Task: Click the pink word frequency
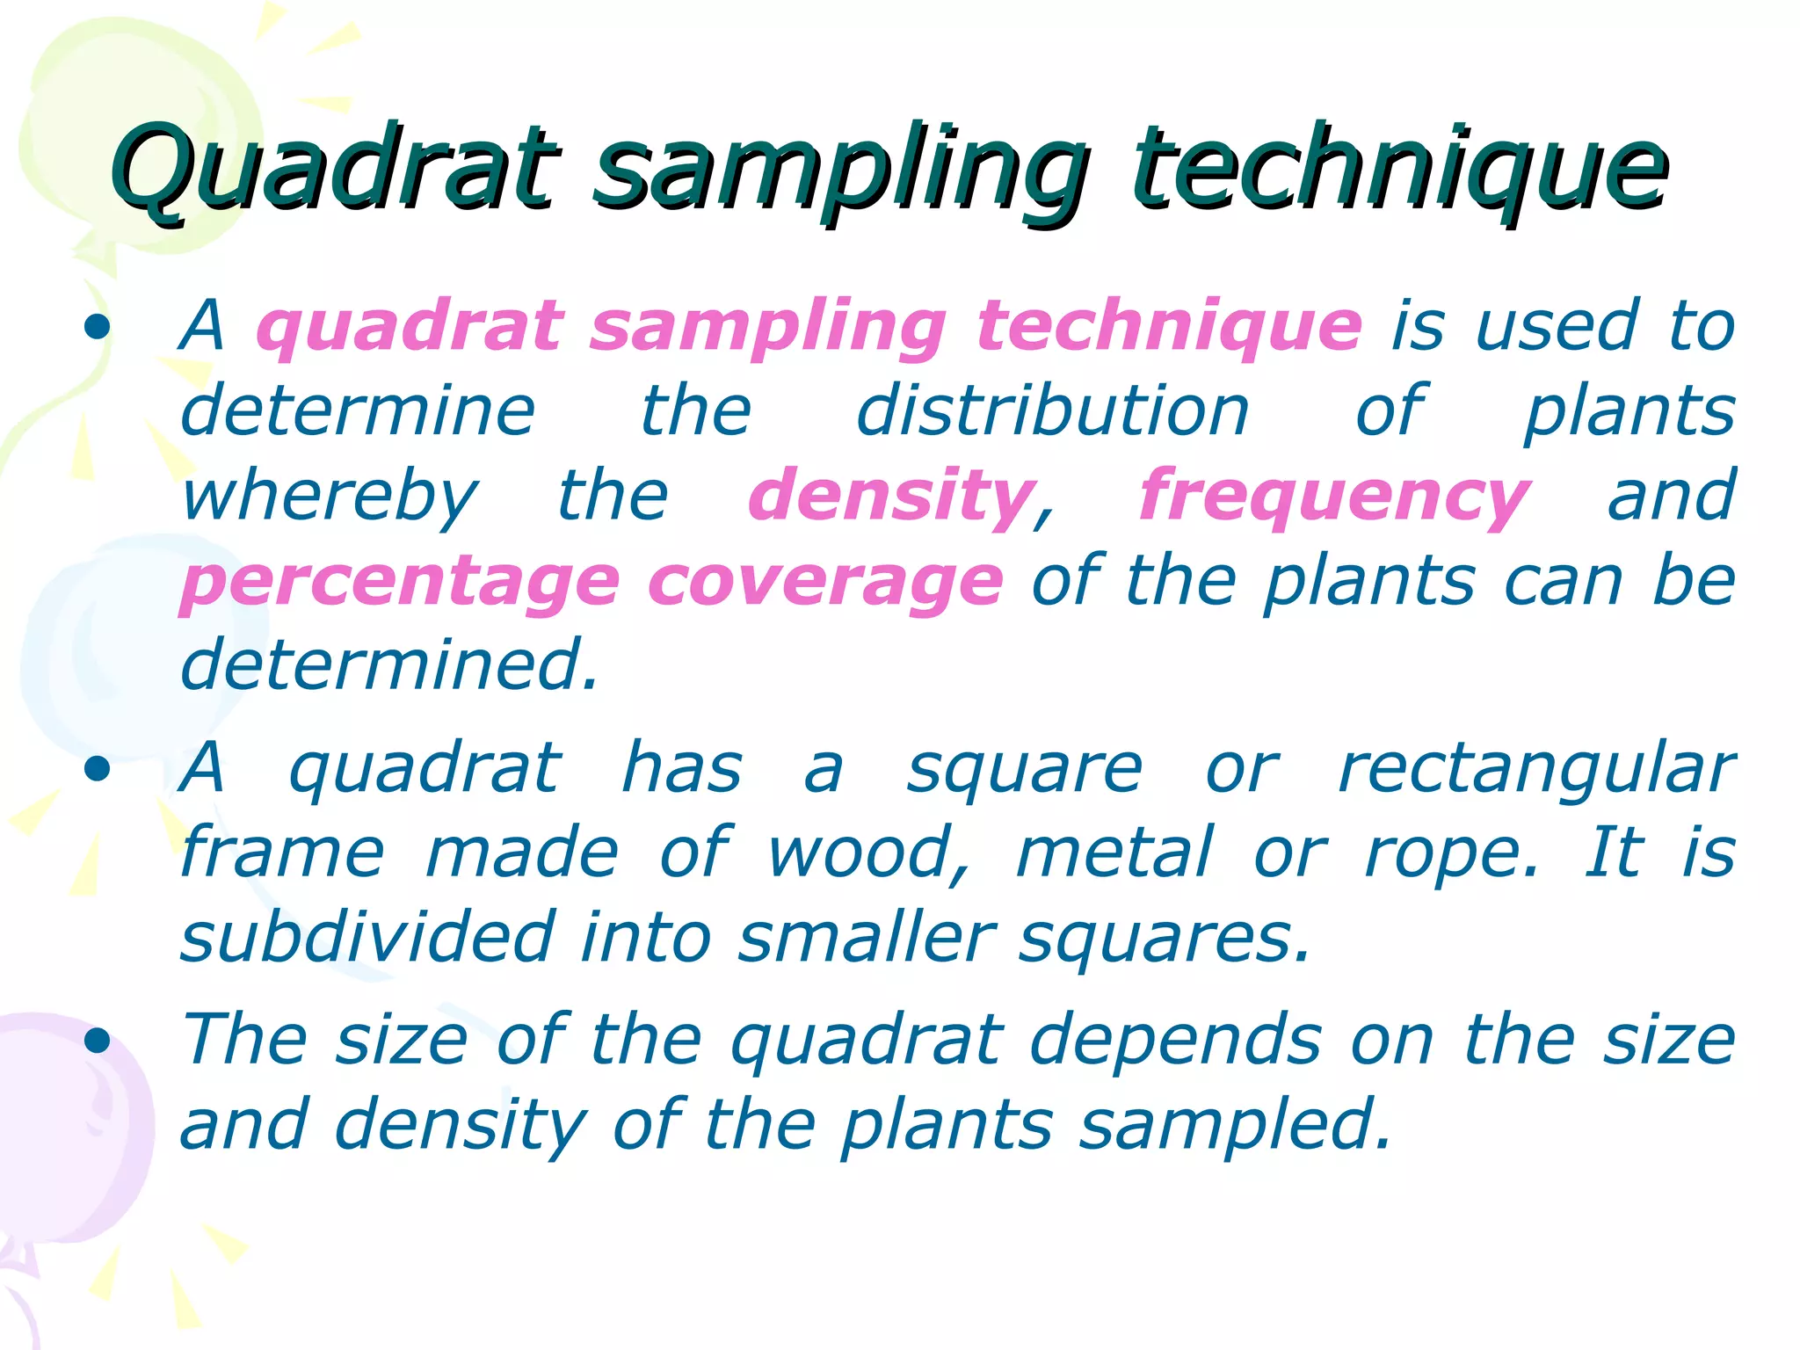(x=1334, y=497)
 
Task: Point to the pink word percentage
(x=400, y=583)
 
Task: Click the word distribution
(x=1052, y=411)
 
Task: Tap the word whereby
(x=330, y=497)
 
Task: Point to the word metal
(x=1114, y=853)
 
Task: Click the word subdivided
(x=367, y=937)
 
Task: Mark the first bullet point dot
(x=98, y=328)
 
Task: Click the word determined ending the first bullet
(x=387, y=665)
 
